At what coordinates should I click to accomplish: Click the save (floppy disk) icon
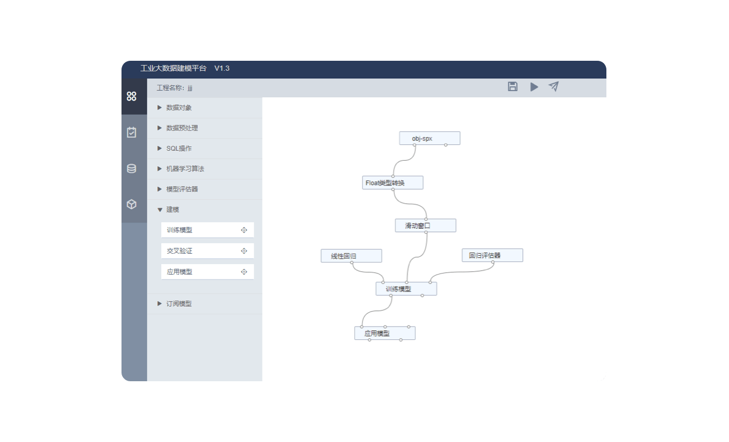click(x=513, y=87)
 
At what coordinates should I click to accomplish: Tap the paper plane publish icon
click(x=553, y=86)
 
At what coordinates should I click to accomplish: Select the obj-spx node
click(x=430, y=138)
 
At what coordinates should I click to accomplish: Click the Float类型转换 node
click(x=393, y=182)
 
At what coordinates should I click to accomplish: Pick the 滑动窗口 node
click(x=426, y=225)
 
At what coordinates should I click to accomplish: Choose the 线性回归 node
click(x=351, y=256)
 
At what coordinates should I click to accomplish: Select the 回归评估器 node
click(x=493, y=255)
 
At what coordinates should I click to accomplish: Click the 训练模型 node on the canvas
click(x=406, y=289)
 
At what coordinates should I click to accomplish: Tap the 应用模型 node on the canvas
click(x=385, y=333)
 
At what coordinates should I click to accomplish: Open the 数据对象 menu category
click(x=179, y=108)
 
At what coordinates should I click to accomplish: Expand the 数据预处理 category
click(x=182, y=128)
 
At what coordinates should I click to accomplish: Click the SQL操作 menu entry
click(x=179, y=149)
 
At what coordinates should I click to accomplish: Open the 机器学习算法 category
click(x=185, y=169)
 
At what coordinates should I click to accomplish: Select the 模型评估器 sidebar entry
click(x=182, y=189)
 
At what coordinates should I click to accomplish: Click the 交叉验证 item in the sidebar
click(x=207, y=251)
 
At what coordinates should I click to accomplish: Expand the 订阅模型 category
click(x=179, y=304)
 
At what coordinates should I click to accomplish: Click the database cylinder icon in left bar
click(x=131, y=169)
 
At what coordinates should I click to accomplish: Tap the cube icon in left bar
click(x=131, y=204)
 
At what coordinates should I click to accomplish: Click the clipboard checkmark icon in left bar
click(x=131, y=132)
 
